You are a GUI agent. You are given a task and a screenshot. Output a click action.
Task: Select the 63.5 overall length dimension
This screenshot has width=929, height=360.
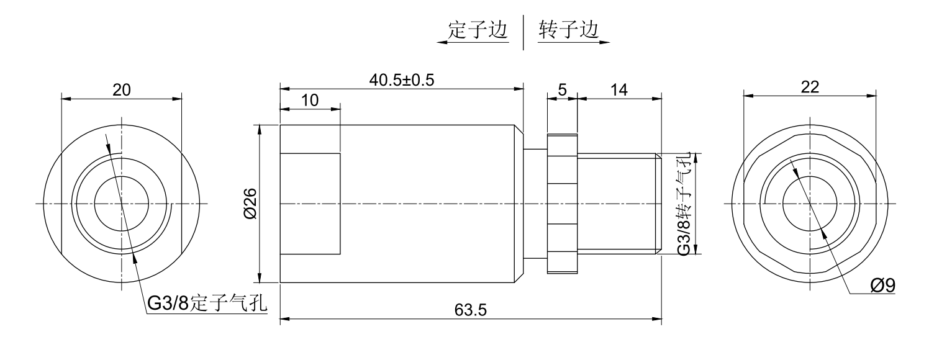(x=469, y=310)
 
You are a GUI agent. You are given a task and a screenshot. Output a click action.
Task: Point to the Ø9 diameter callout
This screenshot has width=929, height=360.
(x=882, y=286)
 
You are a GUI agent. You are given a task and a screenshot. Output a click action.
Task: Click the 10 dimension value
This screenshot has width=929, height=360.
(x=310, y=101)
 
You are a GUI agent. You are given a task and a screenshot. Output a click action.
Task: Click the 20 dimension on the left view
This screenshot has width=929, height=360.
(x=121, y=89)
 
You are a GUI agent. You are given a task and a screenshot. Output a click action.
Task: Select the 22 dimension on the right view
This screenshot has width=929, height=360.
(x=810, y=88)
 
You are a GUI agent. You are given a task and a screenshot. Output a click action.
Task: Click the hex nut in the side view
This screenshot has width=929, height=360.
(x=563, y=204)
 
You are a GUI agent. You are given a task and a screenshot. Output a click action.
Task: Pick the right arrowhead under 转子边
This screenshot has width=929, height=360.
(x=605, y=43)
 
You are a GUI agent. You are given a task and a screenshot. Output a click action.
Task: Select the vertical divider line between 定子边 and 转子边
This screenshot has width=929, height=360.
(x=523, y=32)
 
